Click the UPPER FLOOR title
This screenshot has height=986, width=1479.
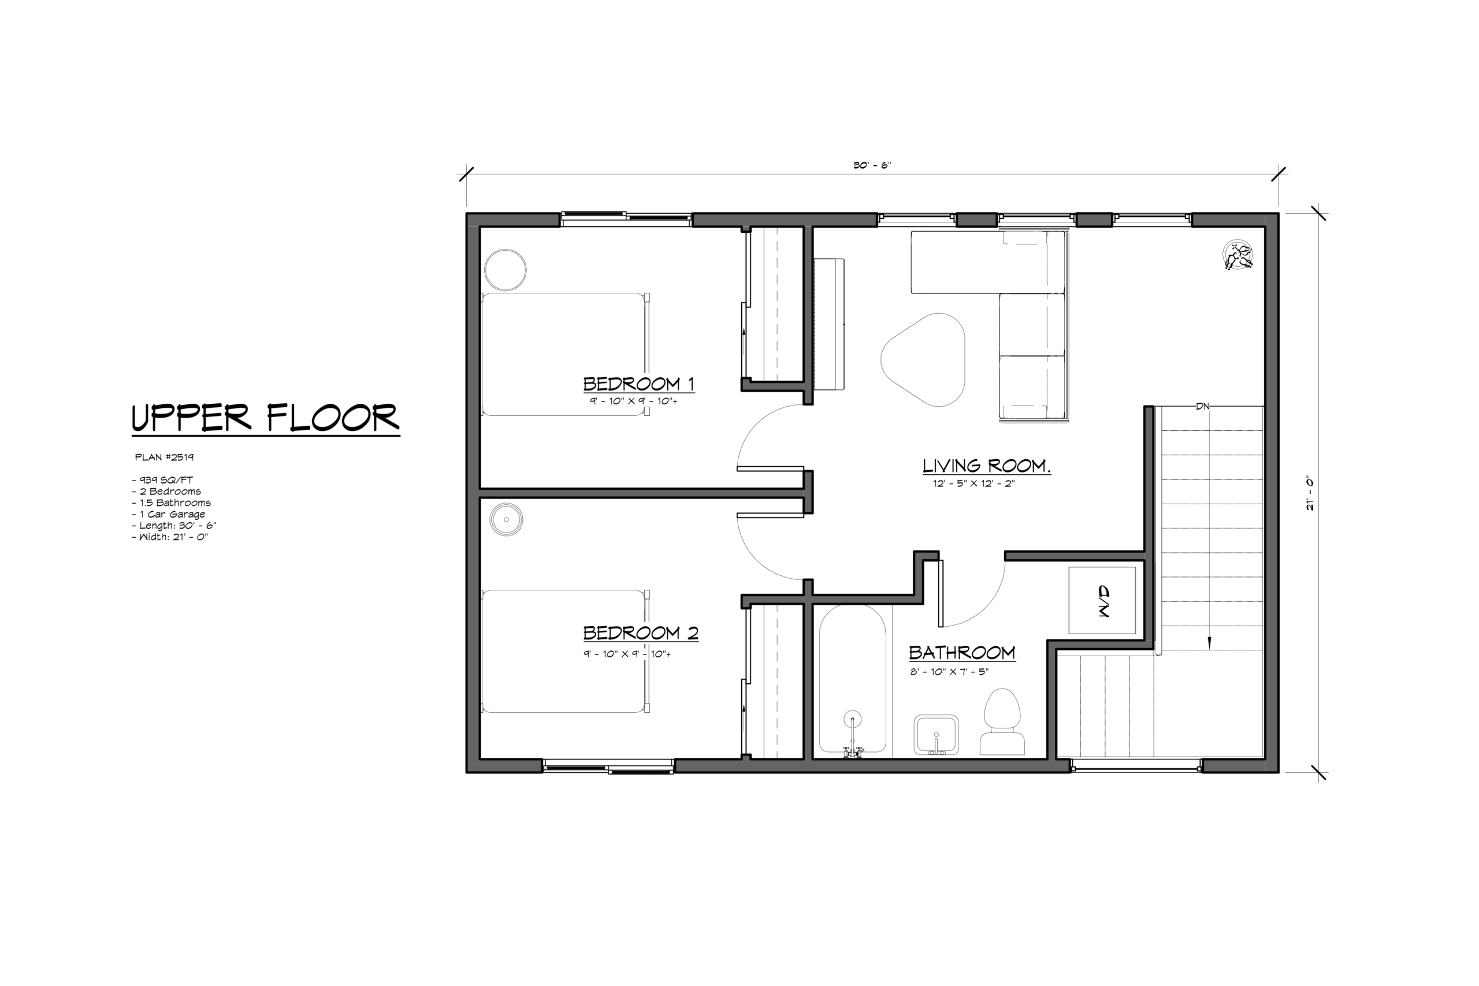tap(265, 418)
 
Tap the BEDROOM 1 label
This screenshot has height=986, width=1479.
tap(638, 384)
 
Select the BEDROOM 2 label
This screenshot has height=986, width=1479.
tap(640, 632)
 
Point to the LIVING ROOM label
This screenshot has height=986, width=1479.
tap(986, 466)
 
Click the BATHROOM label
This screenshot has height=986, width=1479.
tap(962, 653)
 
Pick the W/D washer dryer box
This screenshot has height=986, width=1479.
tap(1102, 601)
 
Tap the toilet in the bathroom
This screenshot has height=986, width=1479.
tap(1002, 721)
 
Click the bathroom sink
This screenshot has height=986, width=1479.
tap(936, 735)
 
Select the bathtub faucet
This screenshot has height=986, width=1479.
tap(853, 736)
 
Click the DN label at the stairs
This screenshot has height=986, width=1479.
tap(1202, 407)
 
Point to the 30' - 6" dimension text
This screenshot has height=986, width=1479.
tap(872, 165)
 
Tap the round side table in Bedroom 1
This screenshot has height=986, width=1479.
tap(506, 270)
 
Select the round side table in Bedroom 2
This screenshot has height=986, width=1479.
tap(506, 519)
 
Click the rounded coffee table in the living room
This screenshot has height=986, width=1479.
tap(923, 360)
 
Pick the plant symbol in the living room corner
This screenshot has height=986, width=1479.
tap(1238, 256)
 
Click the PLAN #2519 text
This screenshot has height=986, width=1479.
tap(164, 457)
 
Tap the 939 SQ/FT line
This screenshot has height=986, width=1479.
tap(162, 480)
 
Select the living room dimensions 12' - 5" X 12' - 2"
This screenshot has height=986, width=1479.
tap(974, 483)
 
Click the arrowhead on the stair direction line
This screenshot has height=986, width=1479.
tap(1209, 643)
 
